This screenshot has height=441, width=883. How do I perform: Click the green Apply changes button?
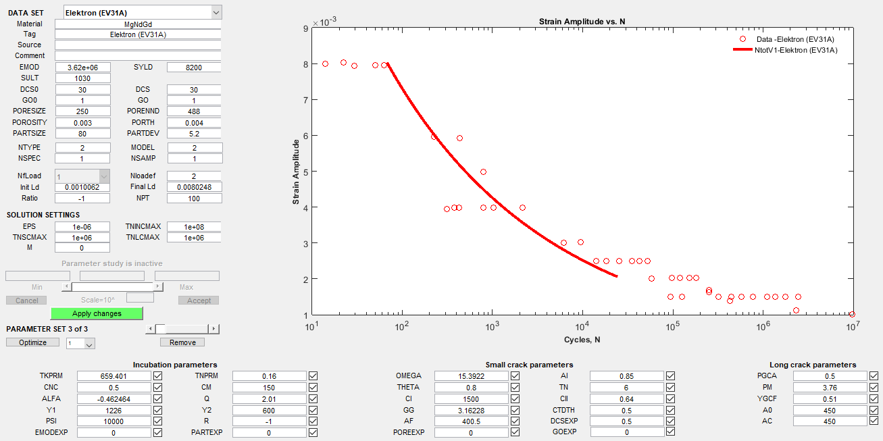click(97, 313)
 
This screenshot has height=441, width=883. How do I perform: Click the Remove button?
click(182, 342)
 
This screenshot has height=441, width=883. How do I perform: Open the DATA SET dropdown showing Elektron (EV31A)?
click(143, 12)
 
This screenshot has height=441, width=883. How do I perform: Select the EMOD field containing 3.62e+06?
click(82, 68)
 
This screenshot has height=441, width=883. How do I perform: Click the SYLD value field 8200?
click(193, 68)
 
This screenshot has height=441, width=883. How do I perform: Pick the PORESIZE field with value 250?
click(82, 111)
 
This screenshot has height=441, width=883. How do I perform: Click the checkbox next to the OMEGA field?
click(515, 376)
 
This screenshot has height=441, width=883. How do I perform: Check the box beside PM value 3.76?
click(874, 388)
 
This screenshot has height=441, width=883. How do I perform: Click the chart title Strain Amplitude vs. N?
click(582, 22)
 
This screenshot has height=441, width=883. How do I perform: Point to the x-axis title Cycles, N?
click(582, 340)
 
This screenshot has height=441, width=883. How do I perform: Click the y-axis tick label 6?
click(305, 136)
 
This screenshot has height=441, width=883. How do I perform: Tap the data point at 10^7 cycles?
click(852, 314)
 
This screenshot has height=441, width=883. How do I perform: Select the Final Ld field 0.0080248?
click(194, 187)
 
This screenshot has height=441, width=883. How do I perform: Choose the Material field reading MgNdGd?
click(138, 24)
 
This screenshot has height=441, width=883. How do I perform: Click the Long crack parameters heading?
click(813, 365)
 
